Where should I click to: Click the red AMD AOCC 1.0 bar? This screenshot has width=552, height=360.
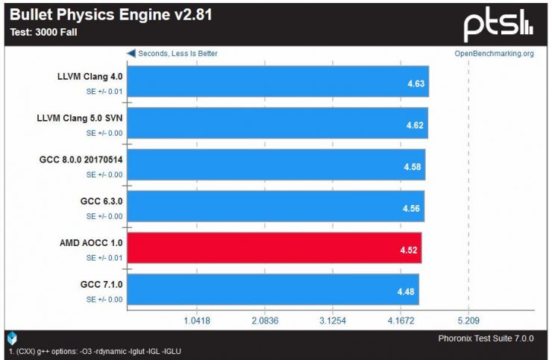[x=275, y=247]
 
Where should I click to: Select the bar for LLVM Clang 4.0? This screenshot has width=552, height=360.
[x=277, y=83]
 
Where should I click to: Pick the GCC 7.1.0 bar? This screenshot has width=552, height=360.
[x=273, y=288]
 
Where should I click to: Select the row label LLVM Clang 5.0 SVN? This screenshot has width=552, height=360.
[x=80, y=117]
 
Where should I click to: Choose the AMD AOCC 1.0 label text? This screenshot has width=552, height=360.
[x=90, y=242]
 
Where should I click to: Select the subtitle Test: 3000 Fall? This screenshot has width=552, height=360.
[x=43, y=32]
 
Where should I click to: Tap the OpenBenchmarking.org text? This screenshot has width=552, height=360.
[x=494, y=54]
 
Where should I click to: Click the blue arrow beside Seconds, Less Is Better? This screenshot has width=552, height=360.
[x=130, y=54]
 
